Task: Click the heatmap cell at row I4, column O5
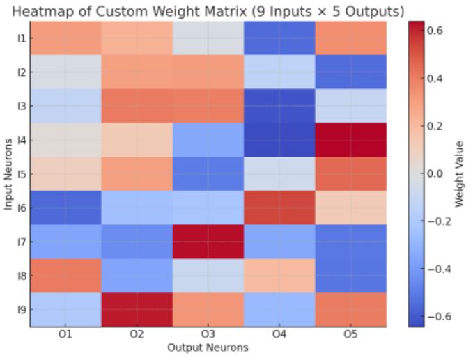click(x=350, y=140)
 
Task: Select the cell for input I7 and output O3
click(x=208, y=242)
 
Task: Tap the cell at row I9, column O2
click(x=137, y=309)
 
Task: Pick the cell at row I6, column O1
click(x=65, y=208)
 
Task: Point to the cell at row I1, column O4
click(x=279, y=38)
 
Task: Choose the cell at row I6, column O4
click(x=279, y=208)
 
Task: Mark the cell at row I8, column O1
click(x=65, y=275)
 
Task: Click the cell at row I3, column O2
click(x=137, y=106)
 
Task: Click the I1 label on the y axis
click(x=21, y=38)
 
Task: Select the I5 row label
click(x=21, y=174)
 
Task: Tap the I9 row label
click(x=21, y=309)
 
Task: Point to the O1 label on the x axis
click(x=65, y=334)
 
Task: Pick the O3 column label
click(x=208, y=334)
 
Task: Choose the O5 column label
click(x=350, y=334)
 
